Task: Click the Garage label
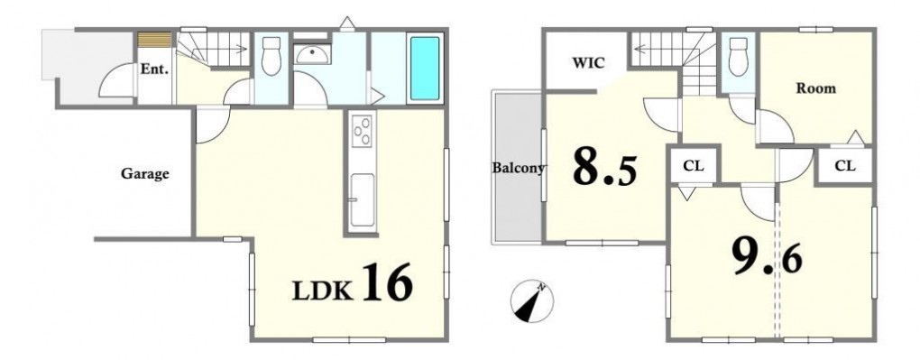point(145,174)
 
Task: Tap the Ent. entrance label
point(154,69)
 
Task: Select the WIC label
point(588,63)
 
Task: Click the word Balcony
point(518,168)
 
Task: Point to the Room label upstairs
point(815,88)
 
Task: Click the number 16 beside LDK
point(387,282)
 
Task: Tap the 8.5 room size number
point(604,166)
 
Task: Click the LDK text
point(322,291)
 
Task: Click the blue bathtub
point(425,69)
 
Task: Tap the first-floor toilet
point(271,56)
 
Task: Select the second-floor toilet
point(738,56)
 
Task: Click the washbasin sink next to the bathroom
point(313,55)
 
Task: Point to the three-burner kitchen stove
point(362,130)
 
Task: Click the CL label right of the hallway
point(845,166)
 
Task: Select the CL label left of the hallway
point(693,166)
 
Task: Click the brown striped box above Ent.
point(154,40)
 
